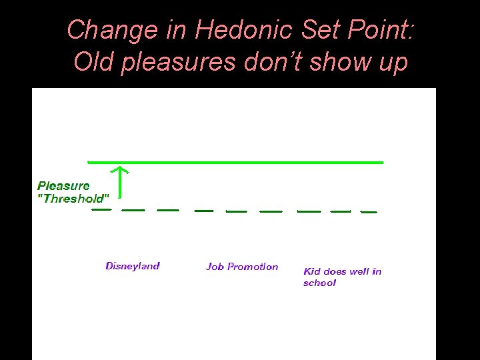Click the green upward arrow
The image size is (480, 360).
tap(119, 183)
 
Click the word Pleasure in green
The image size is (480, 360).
tap(63, 186)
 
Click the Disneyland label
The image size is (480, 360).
tap(133, 266)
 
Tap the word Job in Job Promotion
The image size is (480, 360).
tap(215, 267)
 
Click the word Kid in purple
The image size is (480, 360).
tap(312, 271)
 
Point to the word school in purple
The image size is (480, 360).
tap(319, 283)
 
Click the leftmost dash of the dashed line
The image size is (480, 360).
tap(101, 209)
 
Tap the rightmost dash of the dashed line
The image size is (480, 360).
tap(369, 212)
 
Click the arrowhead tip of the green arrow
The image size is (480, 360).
tap(119, 167)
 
